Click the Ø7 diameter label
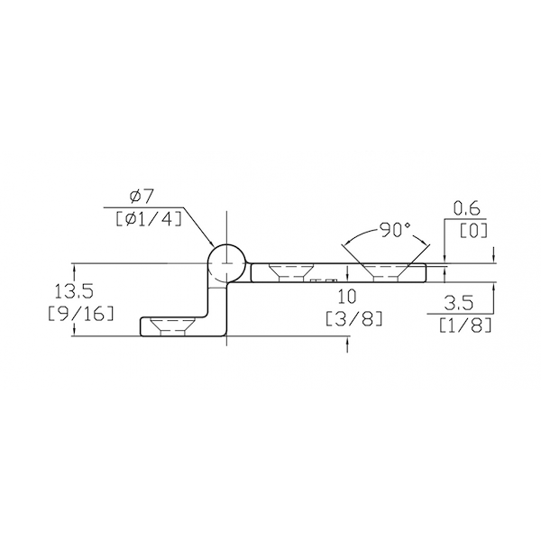pyautogui.click(x=142, y=197)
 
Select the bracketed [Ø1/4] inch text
pyautogui.click(x=149, y=219)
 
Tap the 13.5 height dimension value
pyautogui.click(x=74, y=292)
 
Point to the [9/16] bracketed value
pyautogui.click(x=80, y=313)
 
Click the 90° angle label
pyautogui.click(x=395, y=230)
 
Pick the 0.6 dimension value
pyautogui.click(x=466, y=209)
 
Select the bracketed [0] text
pyautogui.click(x=473, y=231)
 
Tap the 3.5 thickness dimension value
pyautogui.click(x=459, y=303)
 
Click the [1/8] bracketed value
pyautogui.click(x=464, y=325)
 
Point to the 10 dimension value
pyautogui.click(x=347, y=297)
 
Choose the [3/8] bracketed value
pyautogui.click(x=354, y=318)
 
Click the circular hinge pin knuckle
pyautogui.click(x=226, y=263)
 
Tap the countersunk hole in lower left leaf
pyautogui.click(x=172, y=326)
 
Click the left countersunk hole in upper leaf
pyautogui.click(x=290, y=273)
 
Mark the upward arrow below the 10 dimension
pyautogui.click(x=347, y=344)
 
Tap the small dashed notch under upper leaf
pyautogui.click(x=324, y=280)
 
